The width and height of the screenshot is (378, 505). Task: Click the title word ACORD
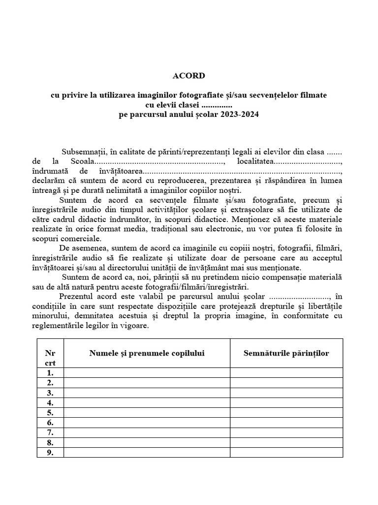189,76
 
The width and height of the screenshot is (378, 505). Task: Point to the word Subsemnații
80,152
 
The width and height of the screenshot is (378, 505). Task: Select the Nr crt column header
50,358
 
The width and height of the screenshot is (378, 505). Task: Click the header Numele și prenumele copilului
147,353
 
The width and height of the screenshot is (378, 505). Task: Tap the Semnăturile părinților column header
286,353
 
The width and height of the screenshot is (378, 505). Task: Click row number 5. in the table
50,412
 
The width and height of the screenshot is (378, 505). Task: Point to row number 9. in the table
50,452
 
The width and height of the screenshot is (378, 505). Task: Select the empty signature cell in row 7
286,433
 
